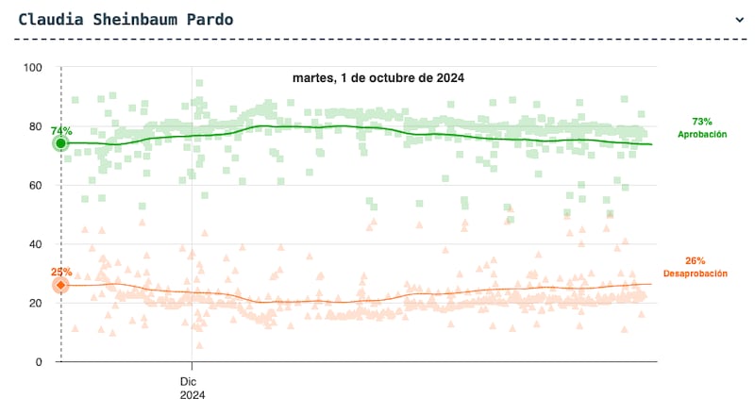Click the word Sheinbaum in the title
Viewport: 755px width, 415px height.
pyautogui.click(x=127, y=19)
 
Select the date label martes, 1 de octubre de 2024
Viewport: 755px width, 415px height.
pyautogui.click(x=378, y=77)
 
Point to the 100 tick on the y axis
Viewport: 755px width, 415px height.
pyautogui.click(x=33, y=68)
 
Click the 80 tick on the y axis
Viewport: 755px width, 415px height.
pyautogui.click(x=36, y=126)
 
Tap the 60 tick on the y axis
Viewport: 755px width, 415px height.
pyautogui.click(x=36, y=186)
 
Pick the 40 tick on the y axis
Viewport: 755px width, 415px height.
pyautogui.click(x=36, y=244)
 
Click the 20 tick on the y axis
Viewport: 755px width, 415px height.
pyautogui.click(x=36, y=303)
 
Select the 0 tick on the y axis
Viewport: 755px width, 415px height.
pyautogui.click(x=39, y=362)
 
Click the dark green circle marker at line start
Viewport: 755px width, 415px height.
pyautogui.click(x=61, y=143)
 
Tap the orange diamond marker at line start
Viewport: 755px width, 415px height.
pyautogui.click(x=61, y=285)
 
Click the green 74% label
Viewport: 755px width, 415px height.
pyautogui.click(x=61, y=130)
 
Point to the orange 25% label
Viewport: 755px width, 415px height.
pyautogui.click(x=61, y=272)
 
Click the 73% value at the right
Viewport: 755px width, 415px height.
pyautogui.click(x=702, y=122)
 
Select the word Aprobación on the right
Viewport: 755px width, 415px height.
pyautogui.click(x=702, y=135)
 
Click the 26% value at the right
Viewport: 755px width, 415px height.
pyautogui.click(x=696, y=260)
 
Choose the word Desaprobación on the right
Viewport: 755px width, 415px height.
pyautogui.click(x=696, y=274)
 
